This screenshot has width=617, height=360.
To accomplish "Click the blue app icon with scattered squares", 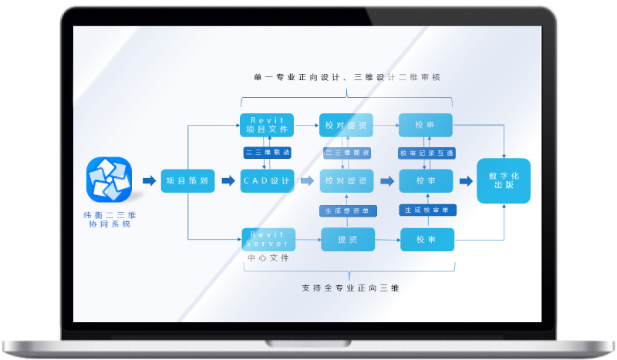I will tap(109, 180).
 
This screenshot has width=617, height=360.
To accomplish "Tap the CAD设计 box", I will tap(267, 181).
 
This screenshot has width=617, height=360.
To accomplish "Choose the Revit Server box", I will tap(267, 239).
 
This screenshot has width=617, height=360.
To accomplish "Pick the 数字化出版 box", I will tap(504, 181).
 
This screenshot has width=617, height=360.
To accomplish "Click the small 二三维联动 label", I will tap(267, 153).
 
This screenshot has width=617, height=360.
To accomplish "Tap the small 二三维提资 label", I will tap(346, 153).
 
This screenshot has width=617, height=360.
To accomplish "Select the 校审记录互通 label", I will tap(427, 153).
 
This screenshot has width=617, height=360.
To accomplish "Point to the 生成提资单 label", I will tap(346, 210).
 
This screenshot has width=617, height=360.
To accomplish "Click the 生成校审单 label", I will tap(427, 210).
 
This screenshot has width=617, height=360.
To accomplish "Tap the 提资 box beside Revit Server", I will tap(347, 240).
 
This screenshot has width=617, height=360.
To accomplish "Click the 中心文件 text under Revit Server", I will tap(267, 258).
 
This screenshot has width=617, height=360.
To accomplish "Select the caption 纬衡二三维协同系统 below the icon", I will tap(110, 219).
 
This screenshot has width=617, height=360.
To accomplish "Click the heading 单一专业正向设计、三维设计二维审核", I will tap(347, 77).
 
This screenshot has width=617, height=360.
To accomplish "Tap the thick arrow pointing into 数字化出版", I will tap(466, 181).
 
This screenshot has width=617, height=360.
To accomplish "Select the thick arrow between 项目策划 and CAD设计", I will tap(228, 181).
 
